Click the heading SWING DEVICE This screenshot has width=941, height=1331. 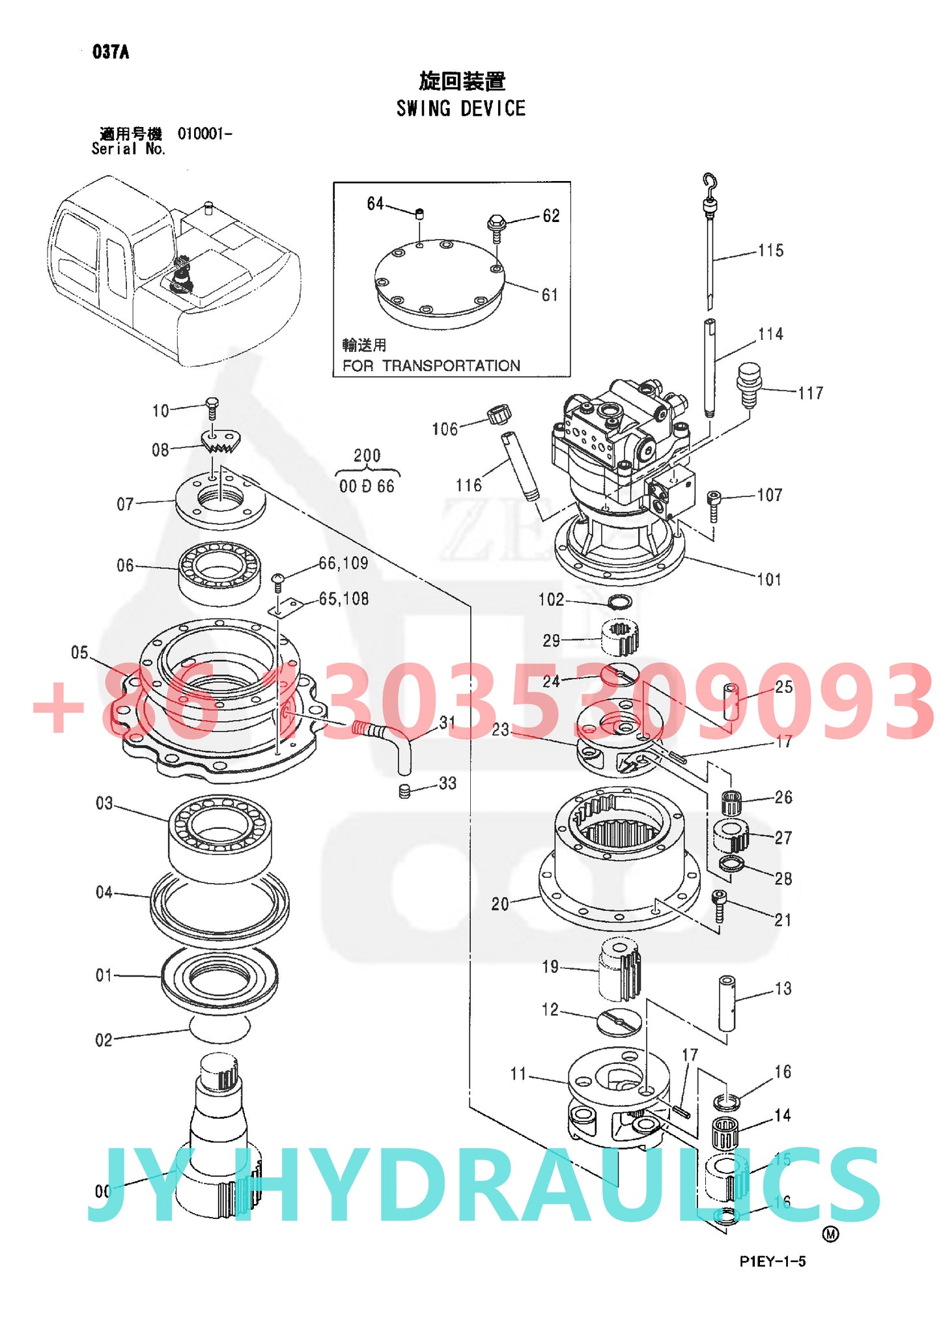[x=460, y=108]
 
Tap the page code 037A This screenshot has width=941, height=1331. [x=111, y=52]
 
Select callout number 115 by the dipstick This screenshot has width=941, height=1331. [x=771, y=251]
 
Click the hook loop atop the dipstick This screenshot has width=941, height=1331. [x=709, y=182]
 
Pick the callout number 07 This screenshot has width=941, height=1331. [x=125, y=504]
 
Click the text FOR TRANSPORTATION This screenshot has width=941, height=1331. [x=431, y=366]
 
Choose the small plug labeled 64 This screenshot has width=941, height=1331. [x=420, y=212]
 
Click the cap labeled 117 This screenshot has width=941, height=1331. [x=749, y=384]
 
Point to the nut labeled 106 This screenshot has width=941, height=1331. [x=499, y=414]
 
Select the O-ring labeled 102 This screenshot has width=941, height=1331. [x=619, y=601]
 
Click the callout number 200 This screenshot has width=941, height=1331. [x=367, y=456]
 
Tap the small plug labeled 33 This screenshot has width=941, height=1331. [x=404, y=791]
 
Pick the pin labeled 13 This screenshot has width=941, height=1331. [x=727, y=1003]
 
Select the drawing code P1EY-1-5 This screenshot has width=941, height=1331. [x=772, y=1261]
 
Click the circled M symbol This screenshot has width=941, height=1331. [x=831, y=1233]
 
